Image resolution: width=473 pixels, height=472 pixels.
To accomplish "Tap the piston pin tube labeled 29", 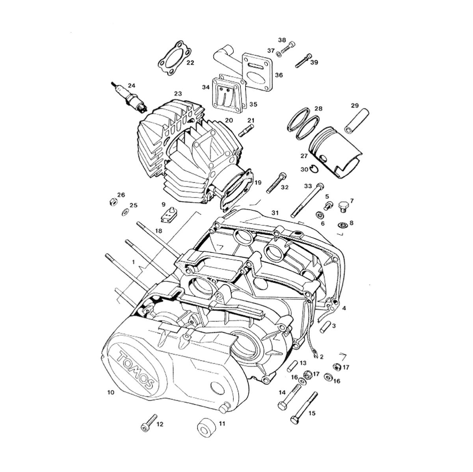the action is pyautogui.click(x=356, y=121).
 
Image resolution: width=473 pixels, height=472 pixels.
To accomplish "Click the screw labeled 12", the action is pyautogui.click(x=149, y=423).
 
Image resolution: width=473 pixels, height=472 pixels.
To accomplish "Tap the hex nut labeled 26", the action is pyautogui.click(x=113, y=202).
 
